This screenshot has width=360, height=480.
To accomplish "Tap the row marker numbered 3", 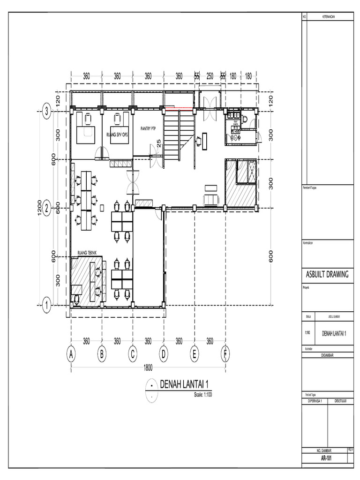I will [x=46, y=111].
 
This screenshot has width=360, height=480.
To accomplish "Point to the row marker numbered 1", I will [x=46, y=305].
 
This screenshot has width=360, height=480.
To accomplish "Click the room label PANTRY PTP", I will [x=148, y=127].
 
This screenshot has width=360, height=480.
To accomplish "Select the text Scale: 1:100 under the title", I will [x=203, y=395].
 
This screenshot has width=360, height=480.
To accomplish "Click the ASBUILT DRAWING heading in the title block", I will [x=327, y=275].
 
